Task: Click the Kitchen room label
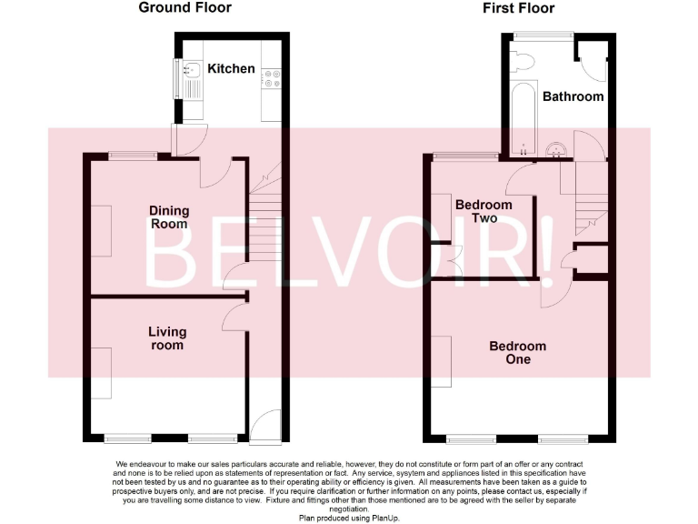click(231, 68)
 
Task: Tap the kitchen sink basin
click(192, 69)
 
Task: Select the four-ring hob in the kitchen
click(272, 80)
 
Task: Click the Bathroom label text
click(573, 96)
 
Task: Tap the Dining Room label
click(169, 217)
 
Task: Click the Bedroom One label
click(518, 352)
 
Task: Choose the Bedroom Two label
click(484, 211)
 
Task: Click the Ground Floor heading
click(184, 8)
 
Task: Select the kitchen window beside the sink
click(177, 80)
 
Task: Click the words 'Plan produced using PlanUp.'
click(349, 517)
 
